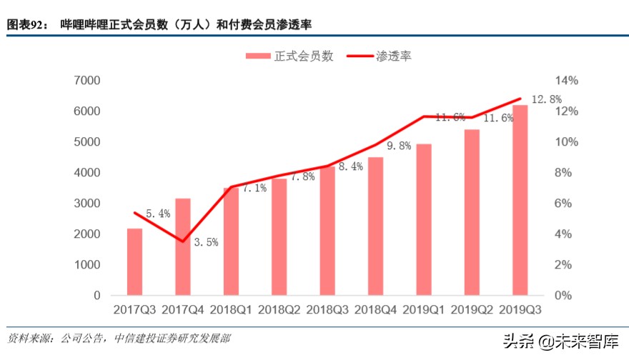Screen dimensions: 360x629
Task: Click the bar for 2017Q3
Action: pos(134,261)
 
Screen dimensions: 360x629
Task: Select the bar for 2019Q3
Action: pos(520,200)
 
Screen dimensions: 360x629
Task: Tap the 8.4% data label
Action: pos(350,166)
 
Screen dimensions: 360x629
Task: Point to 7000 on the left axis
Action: pos(86,81)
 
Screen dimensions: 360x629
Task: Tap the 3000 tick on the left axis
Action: pos(86,204)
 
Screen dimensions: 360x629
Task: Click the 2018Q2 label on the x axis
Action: pos(279,309)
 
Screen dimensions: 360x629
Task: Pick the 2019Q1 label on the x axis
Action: pos(424,309)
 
